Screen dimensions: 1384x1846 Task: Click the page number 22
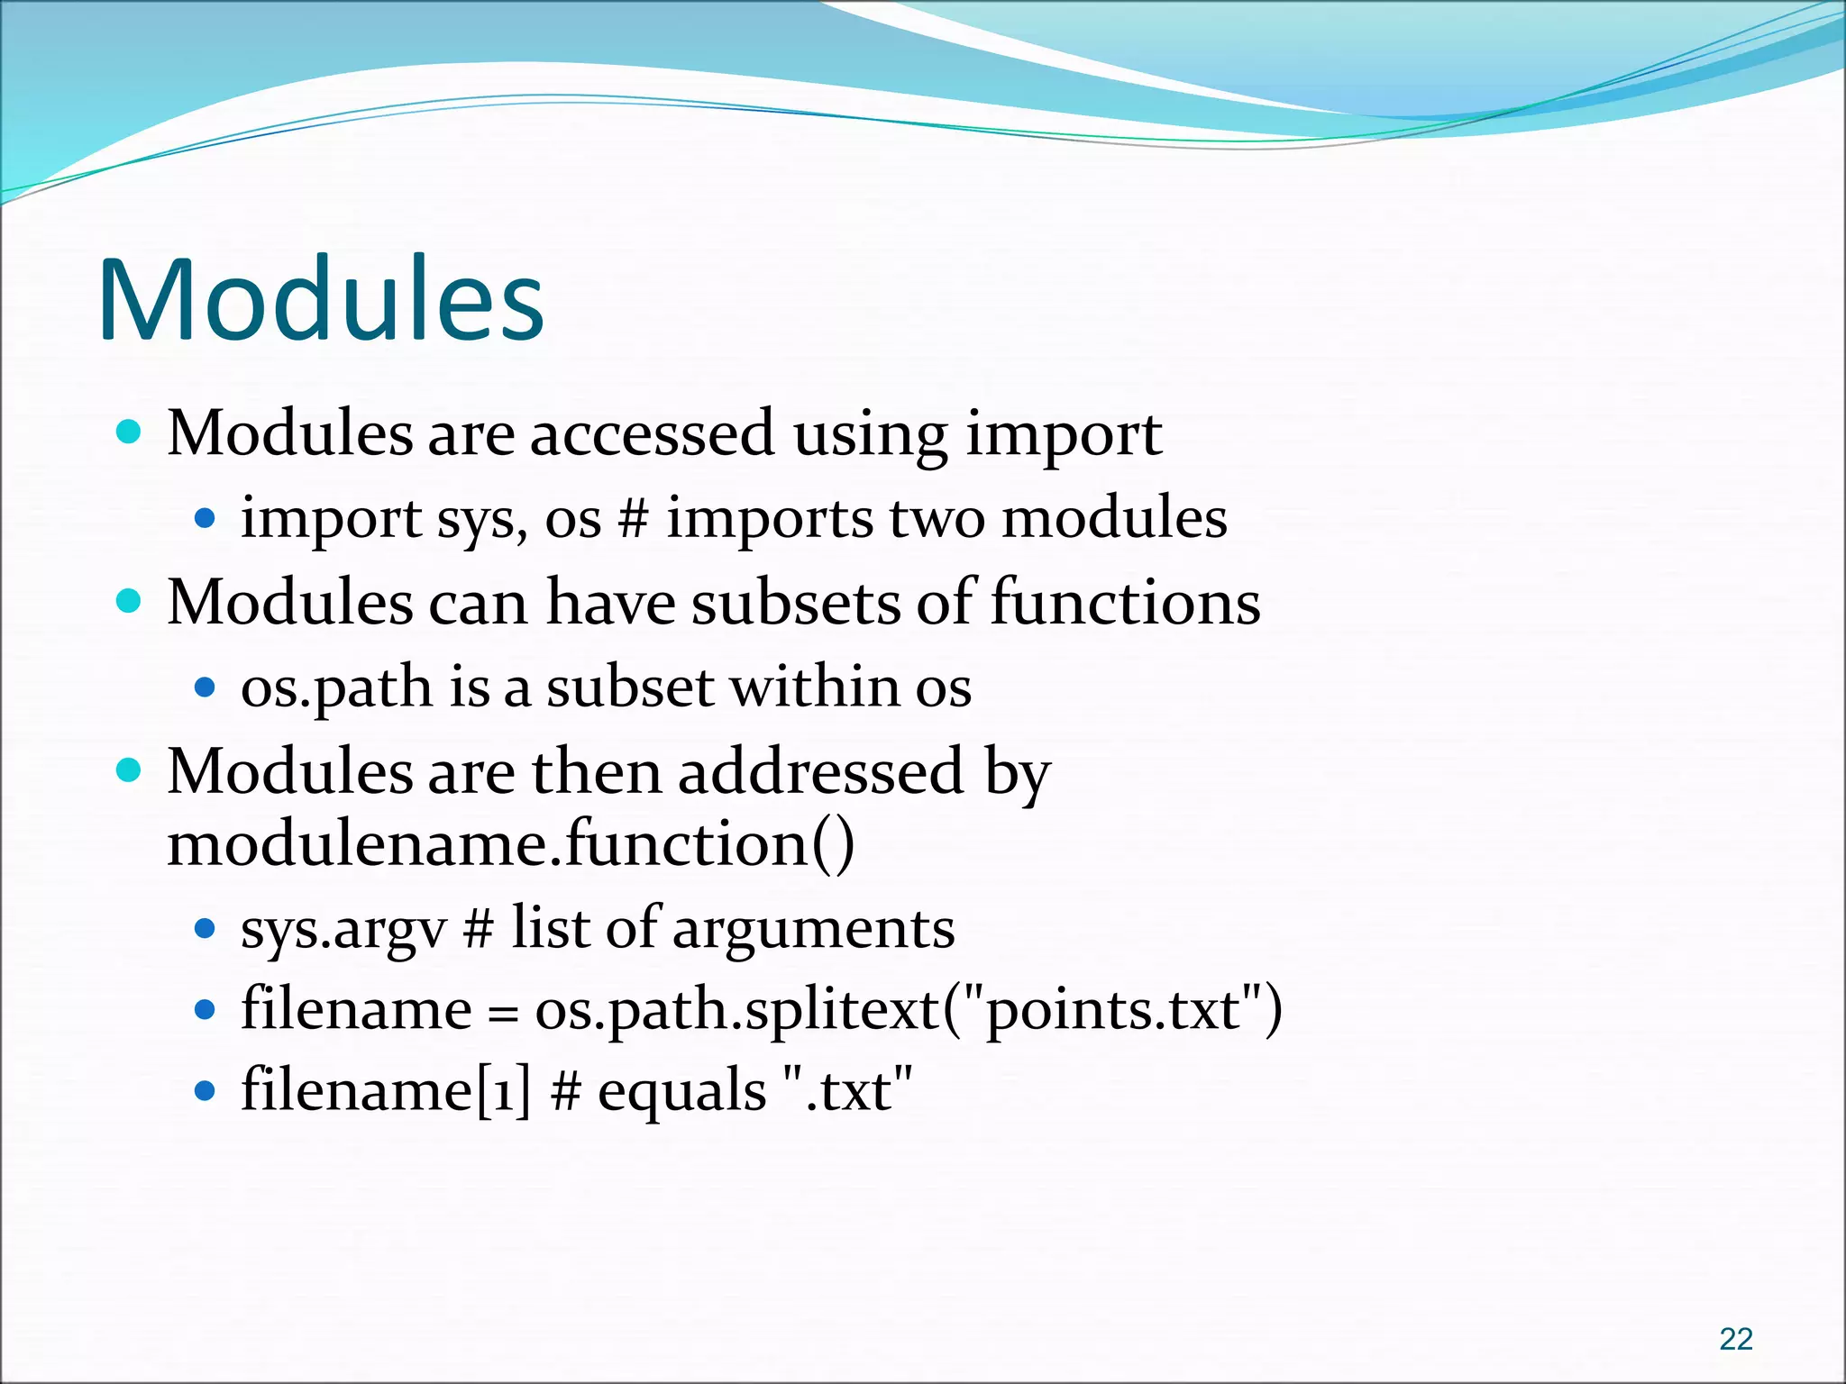1736,1339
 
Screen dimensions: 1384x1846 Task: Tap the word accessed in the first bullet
651,434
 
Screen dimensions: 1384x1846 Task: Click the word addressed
821,772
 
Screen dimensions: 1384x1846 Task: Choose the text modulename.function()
511,845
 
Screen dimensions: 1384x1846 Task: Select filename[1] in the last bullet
386,1091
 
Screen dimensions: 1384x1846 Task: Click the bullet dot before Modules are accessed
130,432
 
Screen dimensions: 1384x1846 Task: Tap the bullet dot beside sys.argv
206,928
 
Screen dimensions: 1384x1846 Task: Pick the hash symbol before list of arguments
478,929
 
